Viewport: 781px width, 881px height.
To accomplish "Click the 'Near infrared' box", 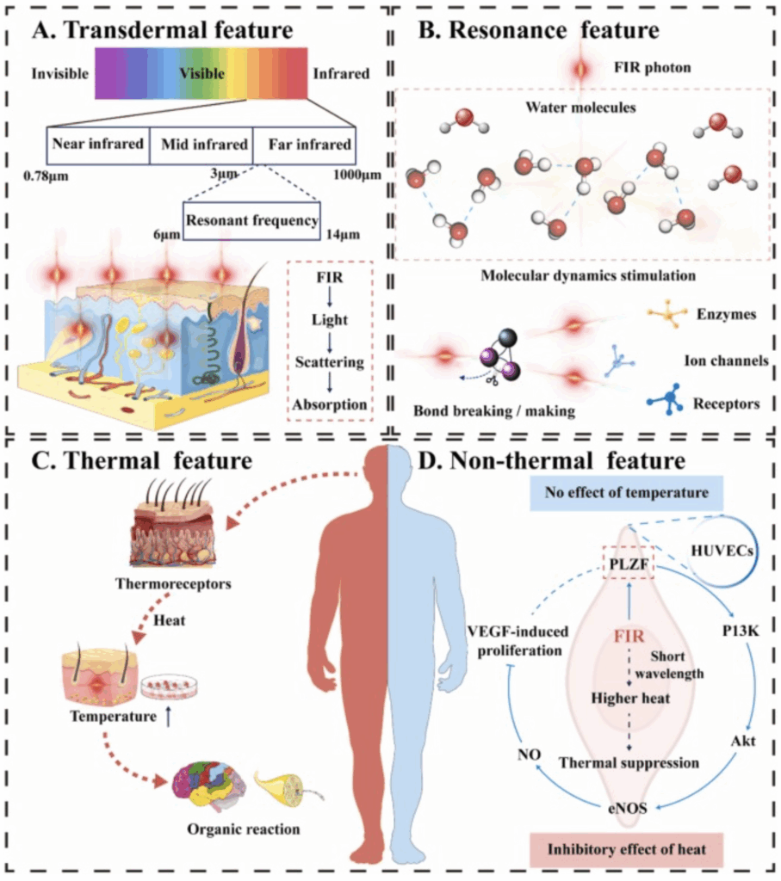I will point(97,144).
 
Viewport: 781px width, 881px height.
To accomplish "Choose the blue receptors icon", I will point(666,400).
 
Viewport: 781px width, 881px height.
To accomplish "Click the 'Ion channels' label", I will point(730,360).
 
